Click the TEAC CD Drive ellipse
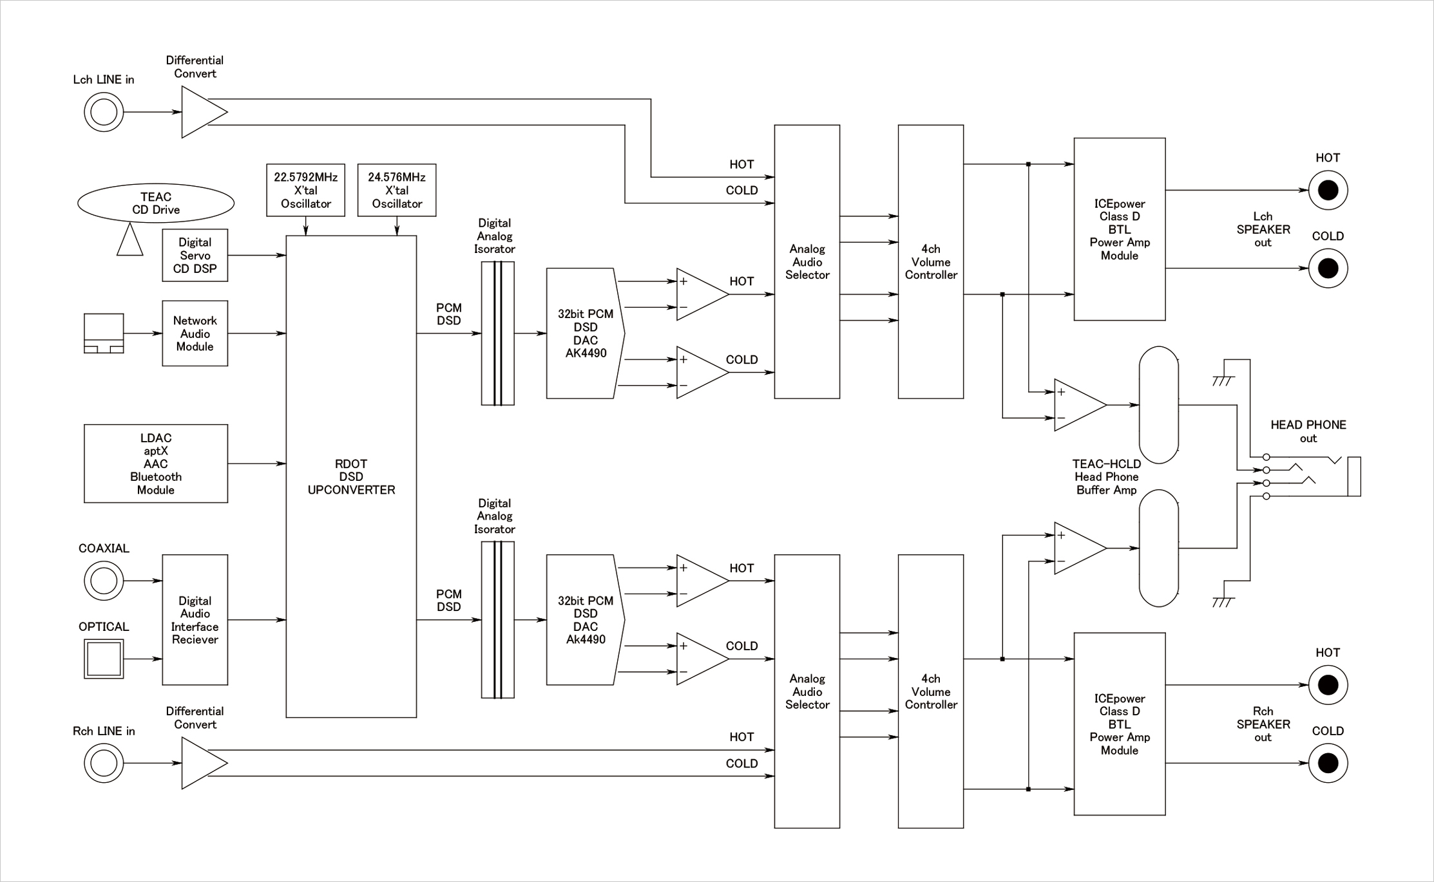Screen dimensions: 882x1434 (x=155, y=203)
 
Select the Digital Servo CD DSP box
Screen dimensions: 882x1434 (x=195, y=256)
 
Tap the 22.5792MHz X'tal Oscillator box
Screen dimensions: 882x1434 (x=305, y=190)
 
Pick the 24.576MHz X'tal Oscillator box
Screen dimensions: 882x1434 (x=396, y=190)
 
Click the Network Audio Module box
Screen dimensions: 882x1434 (x=195, y=333)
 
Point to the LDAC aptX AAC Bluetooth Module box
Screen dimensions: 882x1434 (x=155, y=464)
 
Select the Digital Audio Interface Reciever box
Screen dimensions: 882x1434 (x=195, y=620)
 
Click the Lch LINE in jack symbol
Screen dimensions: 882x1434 (x=104, y=112)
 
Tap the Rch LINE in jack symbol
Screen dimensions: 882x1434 (x=104, y=763)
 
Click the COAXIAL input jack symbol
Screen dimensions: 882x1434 (x=104, y=581)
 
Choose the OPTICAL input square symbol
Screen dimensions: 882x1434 (x=104, y=659)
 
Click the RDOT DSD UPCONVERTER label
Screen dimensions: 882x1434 (x=351, y=476)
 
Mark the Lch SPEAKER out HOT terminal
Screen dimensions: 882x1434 (x=1328, y=191)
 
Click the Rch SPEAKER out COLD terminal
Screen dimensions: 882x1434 (x=1328, y=763)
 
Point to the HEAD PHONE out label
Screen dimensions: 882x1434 (x=1308, y=431)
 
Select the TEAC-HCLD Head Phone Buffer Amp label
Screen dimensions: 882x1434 (x=1106, y=477)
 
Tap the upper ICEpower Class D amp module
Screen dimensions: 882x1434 (x=1119, y=229)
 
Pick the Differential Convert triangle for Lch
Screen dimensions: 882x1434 (x=201, y=112)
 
